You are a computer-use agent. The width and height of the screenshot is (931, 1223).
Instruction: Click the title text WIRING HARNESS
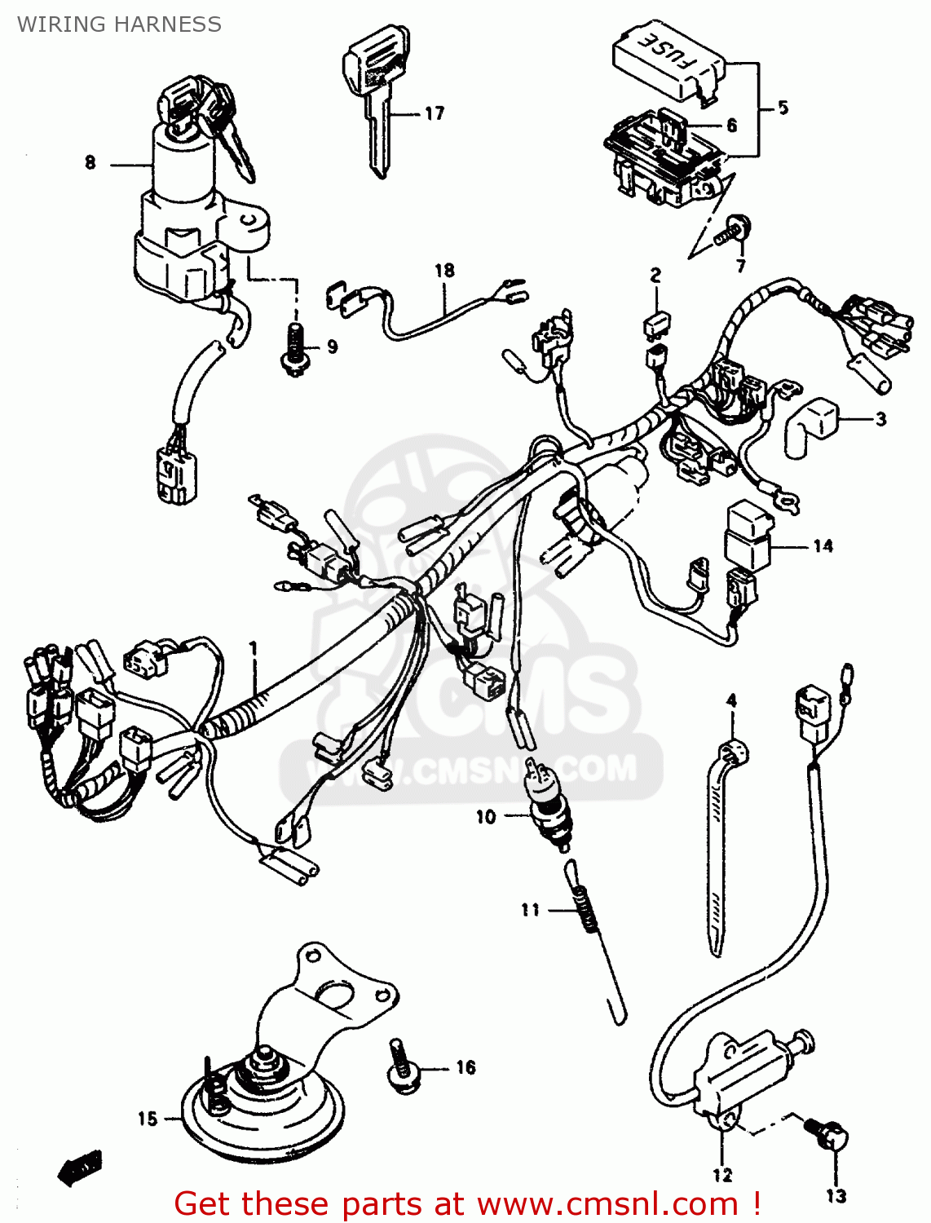119,24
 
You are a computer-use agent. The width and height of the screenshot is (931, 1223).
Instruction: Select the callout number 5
783,108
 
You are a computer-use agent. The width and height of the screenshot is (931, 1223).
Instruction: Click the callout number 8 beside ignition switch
90,162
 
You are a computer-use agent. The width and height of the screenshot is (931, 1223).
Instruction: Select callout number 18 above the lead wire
444,270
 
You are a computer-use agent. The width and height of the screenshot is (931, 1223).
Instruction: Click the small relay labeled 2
657,325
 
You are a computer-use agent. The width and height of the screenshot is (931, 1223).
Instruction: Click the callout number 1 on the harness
254,648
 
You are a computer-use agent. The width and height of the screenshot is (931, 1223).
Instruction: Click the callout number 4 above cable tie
731,700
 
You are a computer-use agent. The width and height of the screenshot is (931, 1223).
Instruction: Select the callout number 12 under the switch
722,1175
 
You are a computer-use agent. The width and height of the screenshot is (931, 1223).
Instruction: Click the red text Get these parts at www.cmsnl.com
468,1203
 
